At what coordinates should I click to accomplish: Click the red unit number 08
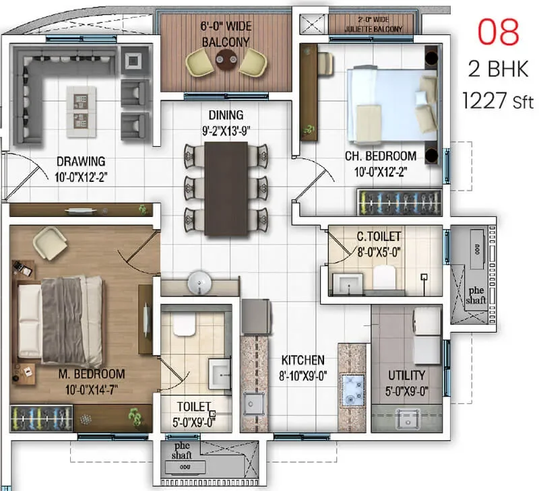[499, 32]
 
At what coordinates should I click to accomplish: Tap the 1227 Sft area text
[498, 102]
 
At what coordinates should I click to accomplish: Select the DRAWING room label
[81, 161]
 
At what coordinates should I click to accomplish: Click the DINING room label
[226, 115]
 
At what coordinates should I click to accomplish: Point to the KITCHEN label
[303, 360]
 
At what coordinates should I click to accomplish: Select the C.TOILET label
[379, 236]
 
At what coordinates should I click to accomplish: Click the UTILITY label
[406, 375]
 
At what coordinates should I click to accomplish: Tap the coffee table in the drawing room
[81, 111]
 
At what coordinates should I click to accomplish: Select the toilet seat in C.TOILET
[385, 276]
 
